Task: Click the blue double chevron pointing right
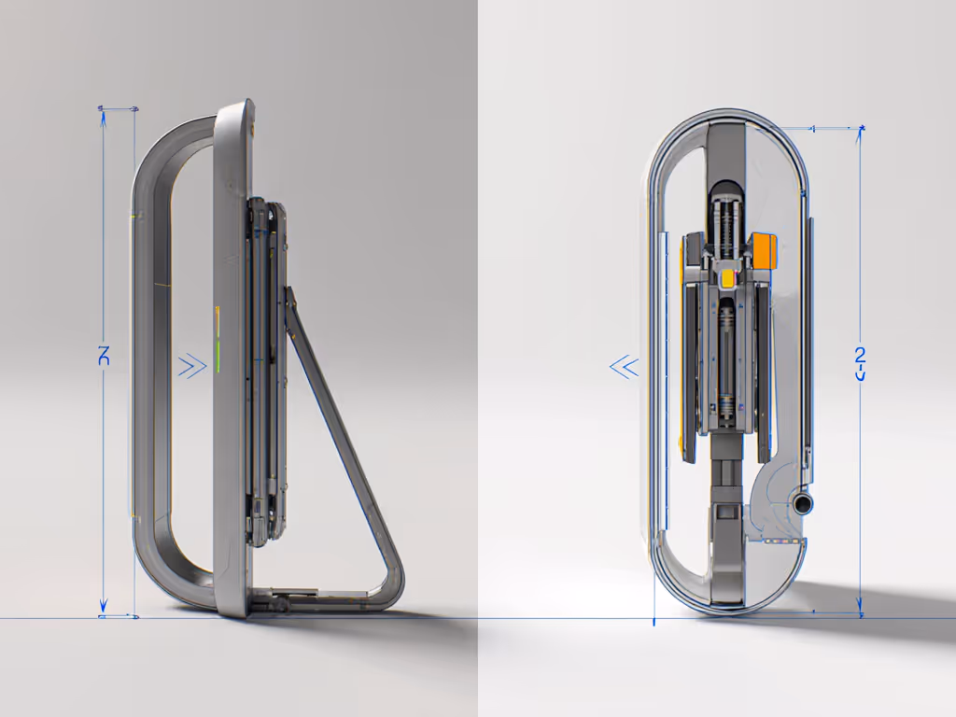(x=192, y=366)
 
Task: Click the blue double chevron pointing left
(x=624, y=368)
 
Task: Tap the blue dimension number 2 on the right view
(x=860, y=356)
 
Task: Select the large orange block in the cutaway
(x=764, y=249)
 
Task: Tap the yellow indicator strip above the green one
(x=216, y=320)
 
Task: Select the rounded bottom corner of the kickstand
(x=393, y=588)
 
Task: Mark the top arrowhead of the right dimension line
(x=860, y=132)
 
